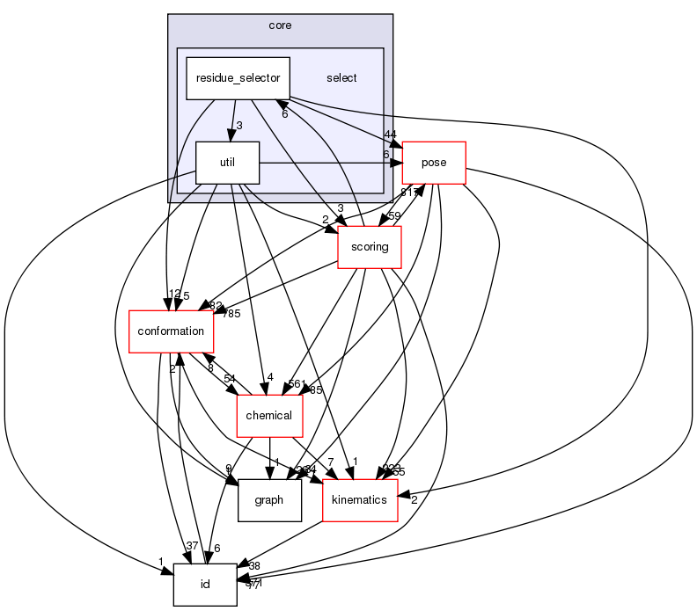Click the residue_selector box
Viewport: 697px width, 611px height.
point(238,78)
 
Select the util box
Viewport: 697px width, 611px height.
point(227,163)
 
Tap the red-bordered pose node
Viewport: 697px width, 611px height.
point(434,163)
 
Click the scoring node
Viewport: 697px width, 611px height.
point(370,247)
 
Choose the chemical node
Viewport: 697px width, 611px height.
point(269,415)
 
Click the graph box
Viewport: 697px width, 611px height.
point(268,499)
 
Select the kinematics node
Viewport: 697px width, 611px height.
point(360,499)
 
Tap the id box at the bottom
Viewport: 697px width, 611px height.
point(205,584)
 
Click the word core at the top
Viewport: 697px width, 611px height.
point(280,25)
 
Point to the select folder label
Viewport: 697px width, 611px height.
point(341,78)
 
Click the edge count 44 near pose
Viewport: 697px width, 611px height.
point(390,135)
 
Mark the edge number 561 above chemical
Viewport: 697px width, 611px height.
point(297,384)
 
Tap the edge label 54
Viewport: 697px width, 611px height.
point(229,378)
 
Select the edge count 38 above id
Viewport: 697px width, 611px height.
point(254,566)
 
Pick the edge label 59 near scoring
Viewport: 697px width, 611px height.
point(395,215)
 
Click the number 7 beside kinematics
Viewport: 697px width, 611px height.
point(329,462)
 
